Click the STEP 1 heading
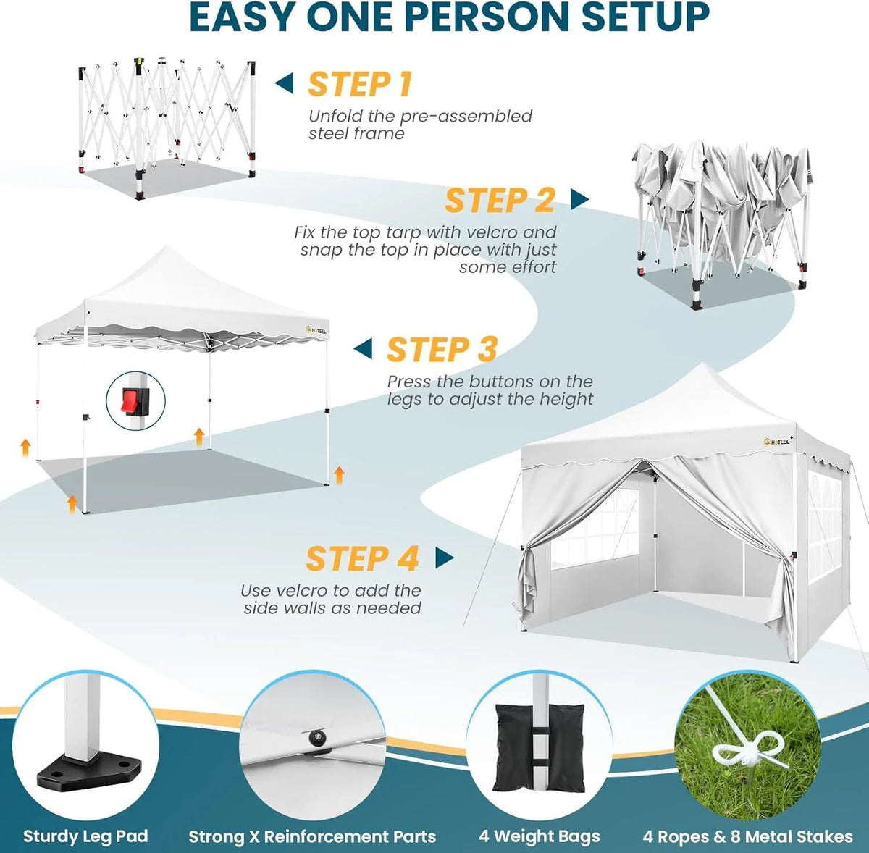pos(360,84)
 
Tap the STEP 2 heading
pos(500,201)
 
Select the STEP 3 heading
pos(442,349)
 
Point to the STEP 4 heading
pos(363,558)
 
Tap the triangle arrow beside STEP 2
pos(579,199)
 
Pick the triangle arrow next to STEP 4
pos(445,558)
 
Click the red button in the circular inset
pos(130,400)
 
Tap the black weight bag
pos(540,747)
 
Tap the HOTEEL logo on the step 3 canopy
pos(316,330)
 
